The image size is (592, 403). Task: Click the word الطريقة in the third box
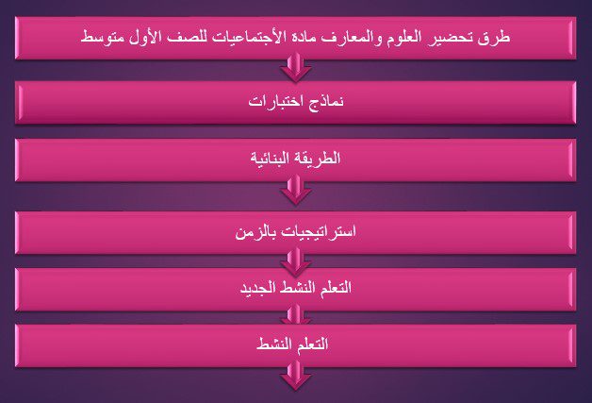[317, 158]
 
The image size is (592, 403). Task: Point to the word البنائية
[271, 159]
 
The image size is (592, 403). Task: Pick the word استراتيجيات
[315, 231]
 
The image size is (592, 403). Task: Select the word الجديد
[256, 288]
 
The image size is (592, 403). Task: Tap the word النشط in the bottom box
[272, 344]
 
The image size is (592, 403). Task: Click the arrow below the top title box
[296, 67]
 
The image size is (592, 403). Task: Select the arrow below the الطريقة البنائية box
[296, 191]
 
